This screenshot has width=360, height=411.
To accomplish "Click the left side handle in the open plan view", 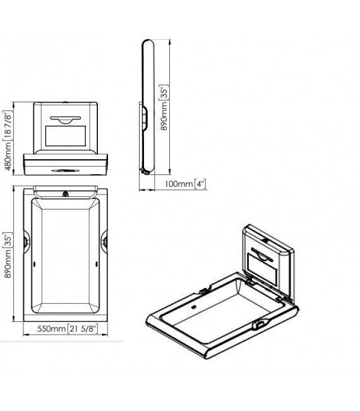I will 25,241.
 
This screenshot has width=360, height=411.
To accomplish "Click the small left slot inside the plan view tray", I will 33,265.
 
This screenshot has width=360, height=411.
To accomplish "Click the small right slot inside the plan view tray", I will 96,265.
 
